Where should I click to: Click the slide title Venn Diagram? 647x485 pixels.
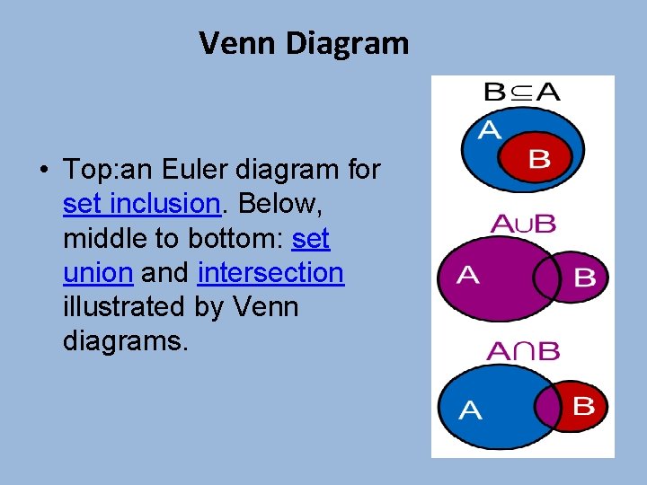click(304, 42)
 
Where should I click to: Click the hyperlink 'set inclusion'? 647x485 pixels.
click(142, 204)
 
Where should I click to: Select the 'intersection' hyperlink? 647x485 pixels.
click(270, 272)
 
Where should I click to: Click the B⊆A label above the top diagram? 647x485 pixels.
click(522, 91)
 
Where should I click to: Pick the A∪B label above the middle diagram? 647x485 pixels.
click(522, 224)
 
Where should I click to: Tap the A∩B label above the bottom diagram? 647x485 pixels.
click(522, 350)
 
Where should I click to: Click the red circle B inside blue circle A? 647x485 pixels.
click(537, 159)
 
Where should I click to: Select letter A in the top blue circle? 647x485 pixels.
click(490, 131)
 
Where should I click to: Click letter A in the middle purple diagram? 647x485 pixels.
click(467, 275)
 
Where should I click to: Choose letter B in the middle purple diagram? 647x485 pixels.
click(584, 278)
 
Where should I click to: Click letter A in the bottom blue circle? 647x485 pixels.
click(470, 411)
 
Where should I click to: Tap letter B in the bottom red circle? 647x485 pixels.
click(583, 406)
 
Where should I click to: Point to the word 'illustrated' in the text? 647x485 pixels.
click(124, 306)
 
